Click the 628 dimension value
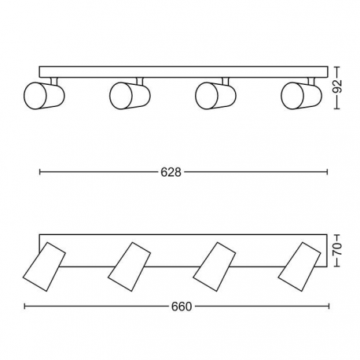pyautogui.click(x=171, y=172)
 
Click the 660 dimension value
pyautogui.click(x=182, y=307)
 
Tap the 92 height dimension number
pyautogui.click(x=337, y=86)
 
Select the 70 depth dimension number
pyautogui.click(x=337, y=249)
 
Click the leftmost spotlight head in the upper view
pyautogui.click(x=44, y=95)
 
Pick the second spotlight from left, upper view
pyautogui.click(x=130, y=95)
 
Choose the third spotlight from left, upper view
pyautogui.click(x=215, y=95)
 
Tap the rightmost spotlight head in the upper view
pyautogui.click(x=301, y=95)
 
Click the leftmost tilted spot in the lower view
pyautogui.click(x=44, y=266)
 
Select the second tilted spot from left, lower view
pyautogui.click(x=130, y=266)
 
